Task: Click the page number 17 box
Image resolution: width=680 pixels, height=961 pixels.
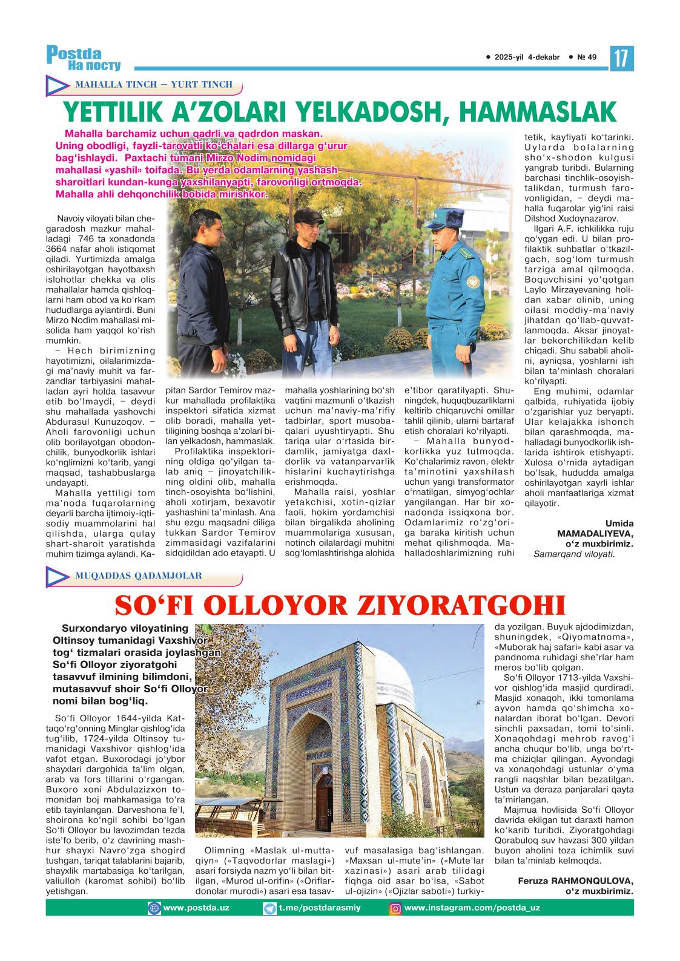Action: tap(622, 59)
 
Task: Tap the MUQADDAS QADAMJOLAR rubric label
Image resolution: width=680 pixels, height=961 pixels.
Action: tap(138, 576)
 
